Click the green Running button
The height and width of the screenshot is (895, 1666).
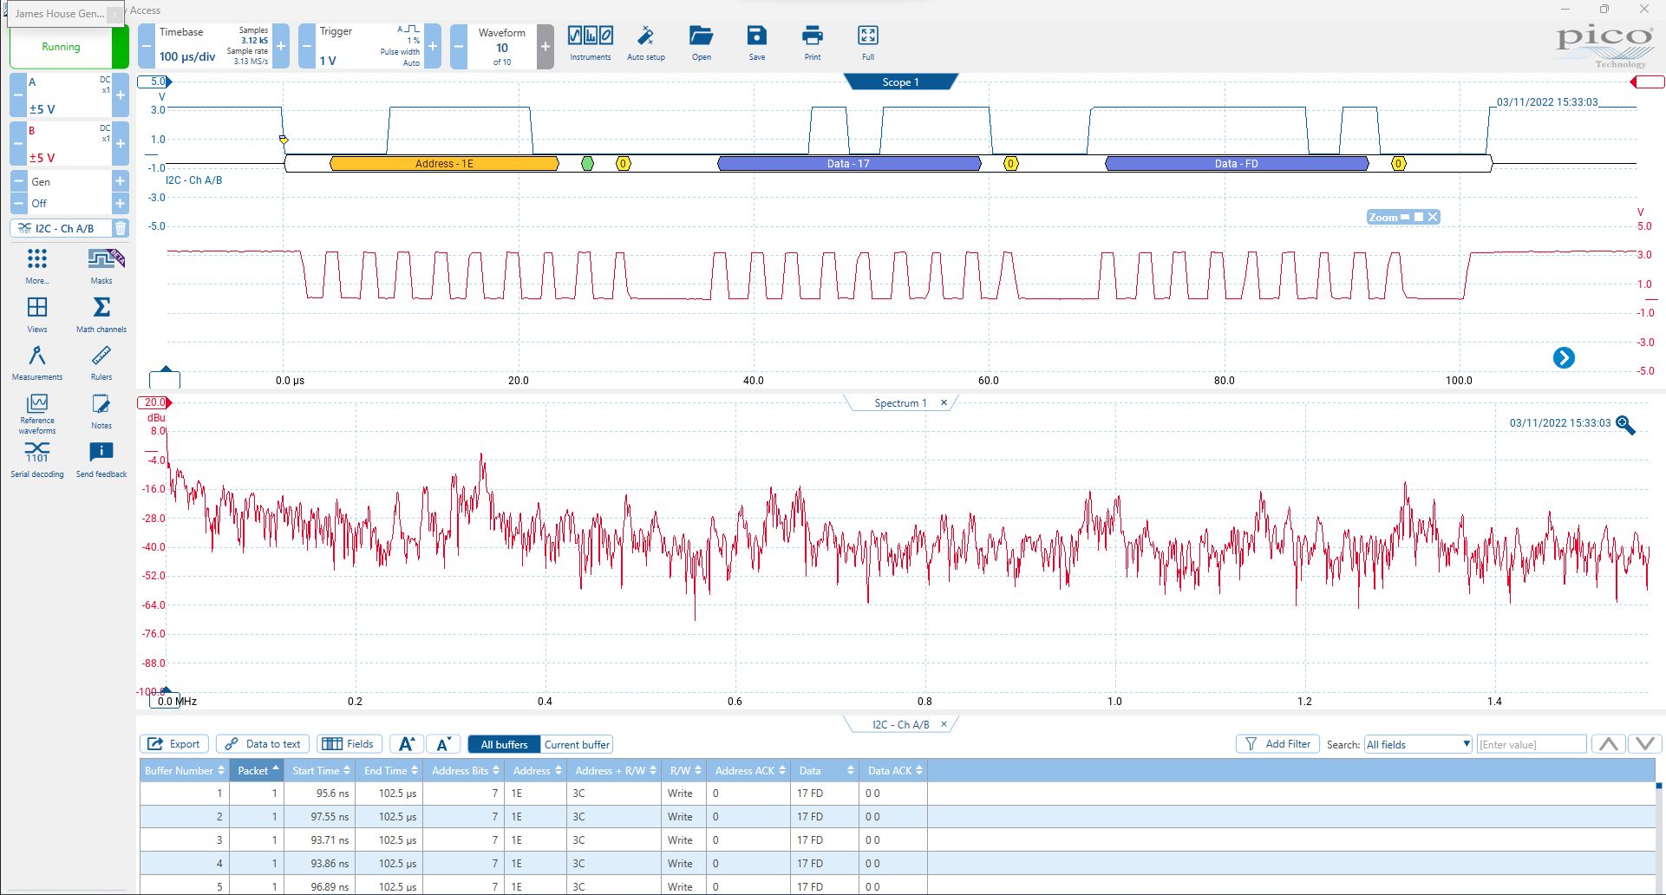coord(61,47)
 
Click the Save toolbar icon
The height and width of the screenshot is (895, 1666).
coord(756,42)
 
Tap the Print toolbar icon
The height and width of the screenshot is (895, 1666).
coord(812,42)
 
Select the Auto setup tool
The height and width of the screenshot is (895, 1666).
coord(645,42)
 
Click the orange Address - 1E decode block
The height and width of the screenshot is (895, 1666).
coord(444,163)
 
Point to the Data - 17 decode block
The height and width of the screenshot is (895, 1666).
coord(848,163)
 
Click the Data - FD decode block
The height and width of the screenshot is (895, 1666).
coord(1236,163)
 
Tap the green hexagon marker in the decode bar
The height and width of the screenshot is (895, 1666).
coord(587,163)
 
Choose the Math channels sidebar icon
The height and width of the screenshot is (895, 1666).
coord(101,314)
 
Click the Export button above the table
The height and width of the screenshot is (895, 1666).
coord(174,744)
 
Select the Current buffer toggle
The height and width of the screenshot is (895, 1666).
coord(577,744)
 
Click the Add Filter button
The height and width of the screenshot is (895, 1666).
coord(1277,744)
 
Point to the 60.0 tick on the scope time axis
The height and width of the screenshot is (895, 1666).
coord(988,381)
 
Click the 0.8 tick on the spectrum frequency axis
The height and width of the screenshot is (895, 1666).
coord(924,702)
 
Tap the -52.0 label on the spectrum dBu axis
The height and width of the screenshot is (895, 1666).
coord(154,576)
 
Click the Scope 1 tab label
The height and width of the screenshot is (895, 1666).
coord(900,82)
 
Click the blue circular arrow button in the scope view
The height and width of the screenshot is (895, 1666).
coord(1564,358)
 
